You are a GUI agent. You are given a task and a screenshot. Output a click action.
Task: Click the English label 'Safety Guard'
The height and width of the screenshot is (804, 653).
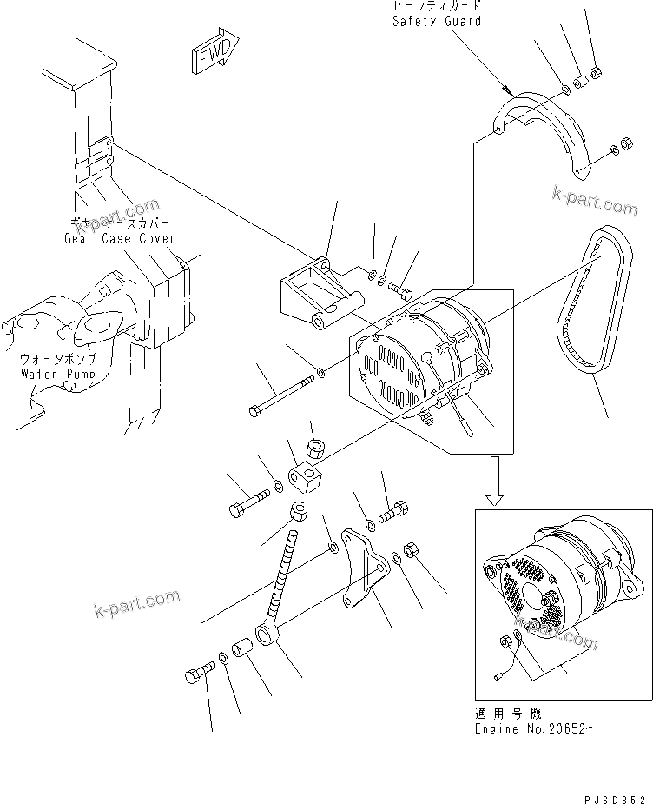(435, 20)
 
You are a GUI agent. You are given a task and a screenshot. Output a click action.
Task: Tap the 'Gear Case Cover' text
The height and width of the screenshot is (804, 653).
(119, 238)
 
